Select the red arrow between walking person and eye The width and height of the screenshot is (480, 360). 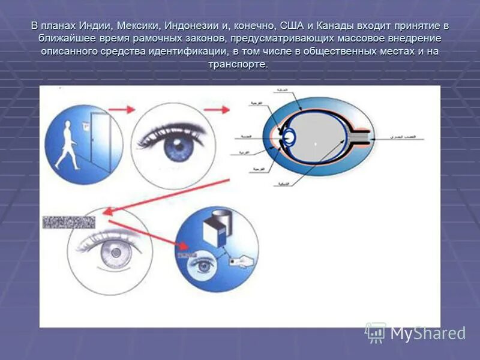pyautogui.click(x=124, y=110)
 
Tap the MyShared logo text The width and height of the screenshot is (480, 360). pyautogui.click(x=427, y=333)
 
